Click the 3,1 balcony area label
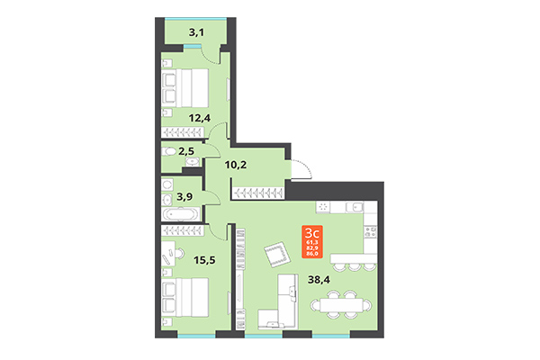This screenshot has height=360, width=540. point(194,34)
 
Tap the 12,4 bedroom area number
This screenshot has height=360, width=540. point(200,117)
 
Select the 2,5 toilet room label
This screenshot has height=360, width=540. point(186,152)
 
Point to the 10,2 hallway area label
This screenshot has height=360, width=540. point(236,165)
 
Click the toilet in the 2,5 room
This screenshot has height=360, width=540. point(169,153)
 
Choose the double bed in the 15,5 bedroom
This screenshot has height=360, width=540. point(184,295)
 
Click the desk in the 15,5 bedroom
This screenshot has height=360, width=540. point(168,261)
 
